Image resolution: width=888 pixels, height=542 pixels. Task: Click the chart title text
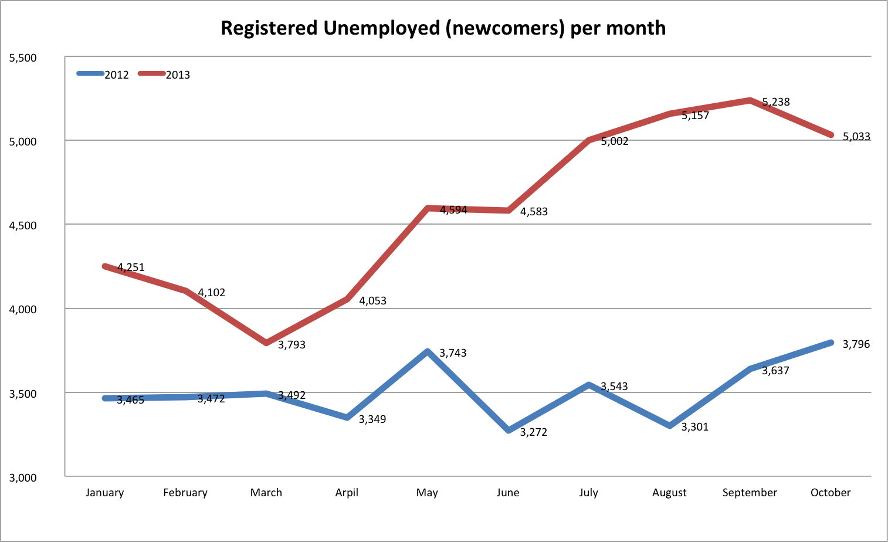443,28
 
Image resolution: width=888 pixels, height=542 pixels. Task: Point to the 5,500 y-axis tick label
23,58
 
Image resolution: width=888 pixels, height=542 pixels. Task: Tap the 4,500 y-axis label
23,226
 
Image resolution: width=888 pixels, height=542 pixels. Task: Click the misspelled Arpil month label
347,493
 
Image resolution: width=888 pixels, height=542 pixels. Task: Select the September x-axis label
750,493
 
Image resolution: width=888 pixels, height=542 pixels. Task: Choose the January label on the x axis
104,493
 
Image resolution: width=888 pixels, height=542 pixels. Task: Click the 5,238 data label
776,102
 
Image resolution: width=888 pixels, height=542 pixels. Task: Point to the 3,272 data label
534,432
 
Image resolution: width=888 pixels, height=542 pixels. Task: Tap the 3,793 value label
292,345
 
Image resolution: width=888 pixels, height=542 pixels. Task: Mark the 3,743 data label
453,353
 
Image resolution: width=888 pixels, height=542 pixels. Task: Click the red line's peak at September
750,100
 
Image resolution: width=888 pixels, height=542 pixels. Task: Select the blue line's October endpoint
831,343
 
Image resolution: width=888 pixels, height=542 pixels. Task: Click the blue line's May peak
428,351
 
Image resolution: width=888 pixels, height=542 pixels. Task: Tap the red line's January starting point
105,266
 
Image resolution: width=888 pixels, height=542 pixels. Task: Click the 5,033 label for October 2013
856,137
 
